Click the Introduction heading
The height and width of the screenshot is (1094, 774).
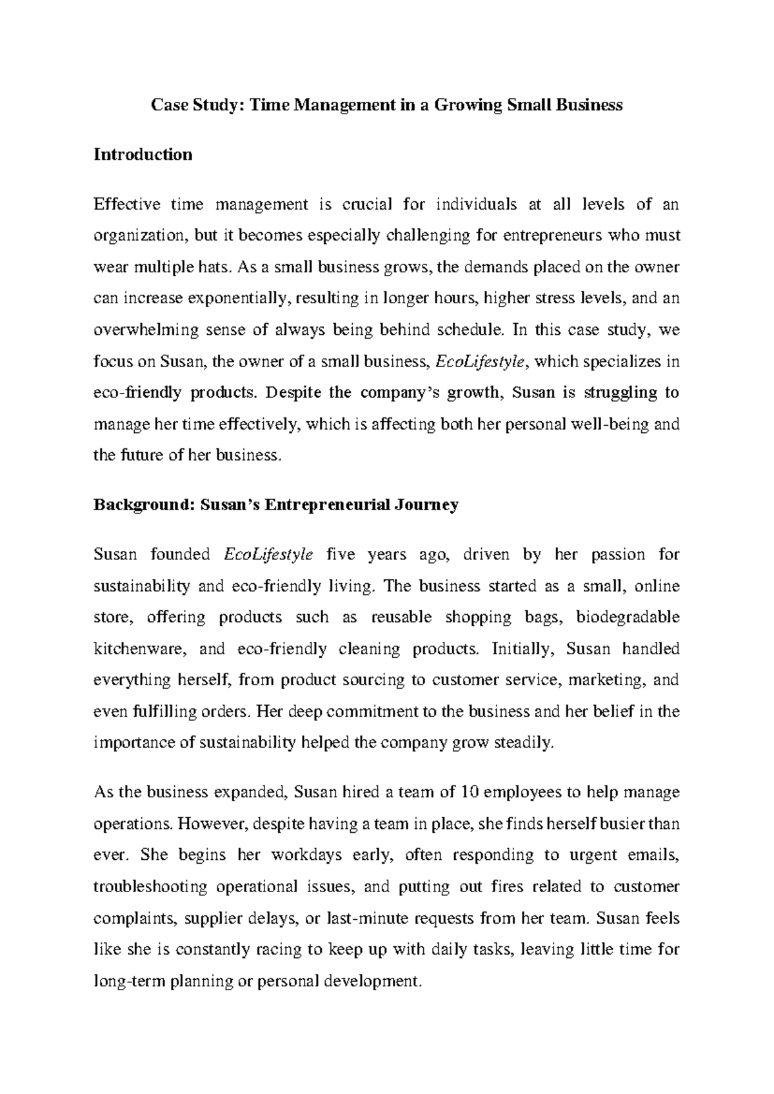(143, 155)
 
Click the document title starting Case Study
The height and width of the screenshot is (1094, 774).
(386, 105)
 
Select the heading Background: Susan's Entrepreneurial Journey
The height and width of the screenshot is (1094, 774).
(276, 504)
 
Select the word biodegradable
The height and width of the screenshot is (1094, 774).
(628, 617)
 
